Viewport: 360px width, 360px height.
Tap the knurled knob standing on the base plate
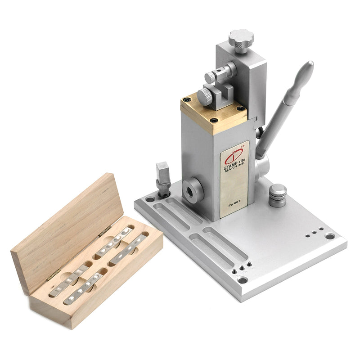[x=278, y=195]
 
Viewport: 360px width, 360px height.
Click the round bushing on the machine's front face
[x=193, y=189]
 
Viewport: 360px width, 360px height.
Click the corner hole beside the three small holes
[x=330, y=236]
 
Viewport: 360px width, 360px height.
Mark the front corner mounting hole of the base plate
[x=243, y=280]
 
